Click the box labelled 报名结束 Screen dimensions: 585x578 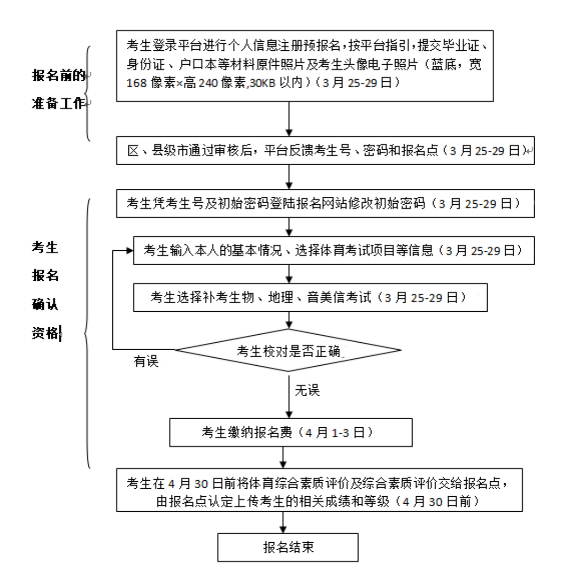[x=287, y=547]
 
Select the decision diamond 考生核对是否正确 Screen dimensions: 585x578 [x=289, y=351]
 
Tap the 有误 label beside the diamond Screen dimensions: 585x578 [x=146, y=362]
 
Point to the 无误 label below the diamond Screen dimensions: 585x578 [x=307, y=391]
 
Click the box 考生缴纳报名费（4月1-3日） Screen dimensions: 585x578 [x=291, y=432]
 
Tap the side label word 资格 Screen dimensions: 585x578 [x=44, y=334]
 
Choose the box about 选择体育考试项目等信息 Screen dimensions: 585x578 [x=334, y=250]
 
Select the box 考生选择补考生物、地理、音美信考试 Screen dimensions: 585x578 [x=310, y=297]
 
